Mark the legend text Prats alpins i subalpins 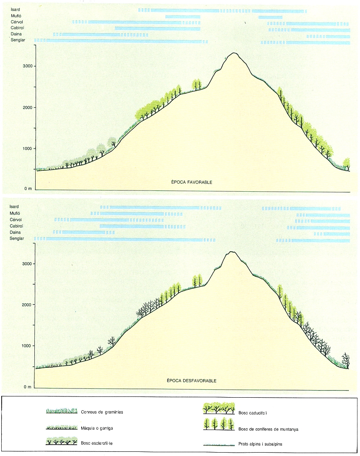coord(259,444)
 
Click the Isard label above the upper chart coord(16,9)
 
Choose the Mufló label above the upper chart coord(16,16)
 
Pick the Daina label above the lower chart coord(16,232)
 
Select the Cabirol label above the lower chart coord(17,226)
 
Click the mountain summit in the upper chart coord(234,53)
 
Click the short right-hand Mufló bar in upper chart coord(270,17)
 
